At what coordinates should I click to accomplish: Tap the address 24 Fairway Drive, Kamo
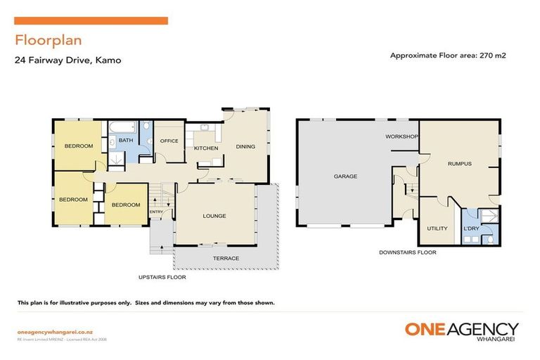pos(68,60)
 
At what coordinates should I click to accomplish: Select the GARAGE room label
pos(345,176)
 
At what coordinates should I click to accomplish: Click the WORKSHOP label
pos(401,136)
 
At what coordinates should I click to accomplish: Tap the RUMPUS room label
pos(459,164)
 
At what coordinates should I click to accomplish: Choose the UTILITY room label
pos(437,229)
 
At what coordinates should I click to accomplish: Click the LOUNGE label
pos(214,216)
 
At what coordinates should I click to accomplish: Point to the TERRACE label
pos(226,258)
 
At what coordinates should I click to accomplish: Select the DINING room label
pos(245,147)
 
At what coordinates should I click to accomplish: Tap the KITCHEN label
pos(206,148)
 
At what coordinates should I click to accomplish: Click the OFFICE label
pos(169,141)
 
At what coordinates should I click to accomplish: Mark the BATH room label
pos(125,141)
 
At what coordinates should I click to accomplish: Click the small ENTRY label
pos(156,212)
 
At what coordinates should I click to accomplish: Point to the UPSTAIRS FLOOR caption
pos(161,278)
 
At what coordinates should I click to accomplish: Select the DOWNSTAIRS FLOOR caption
pos(407,252)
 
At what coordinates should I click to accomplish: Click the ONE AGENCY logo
pos(461,331)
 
